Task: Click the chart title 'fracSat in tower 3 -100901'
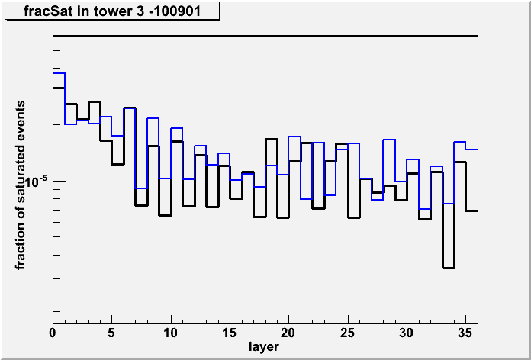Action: point(111,11)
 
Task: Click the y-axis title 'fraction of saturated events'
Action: point(21,185)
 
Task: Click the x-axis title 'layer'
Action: point(264,347)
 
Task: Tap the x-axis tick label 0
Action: point(53,333)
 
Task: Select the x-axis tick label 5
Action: point(111,333)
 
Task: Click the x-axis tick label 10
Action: point(171,333)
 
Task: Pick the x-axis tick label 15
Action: point(230,333)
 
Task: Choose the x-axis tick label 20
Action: point(288,333)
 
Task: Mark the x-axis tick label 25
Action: point(348,333)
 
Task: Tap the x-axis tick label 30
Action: point(407,333)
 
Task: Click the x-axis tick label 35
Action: point(465,333)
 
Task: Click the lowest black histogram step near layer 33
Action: point(449,268)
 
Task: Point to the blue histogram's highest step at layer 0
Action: point(59,73)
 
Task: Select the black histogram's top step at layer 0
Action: point(59,88)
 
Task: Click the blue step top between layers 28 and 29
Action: point(389,140)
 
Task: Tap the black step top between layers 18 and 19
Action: point(272,139)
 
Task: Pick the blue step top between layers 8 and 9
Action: point(153,118)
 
